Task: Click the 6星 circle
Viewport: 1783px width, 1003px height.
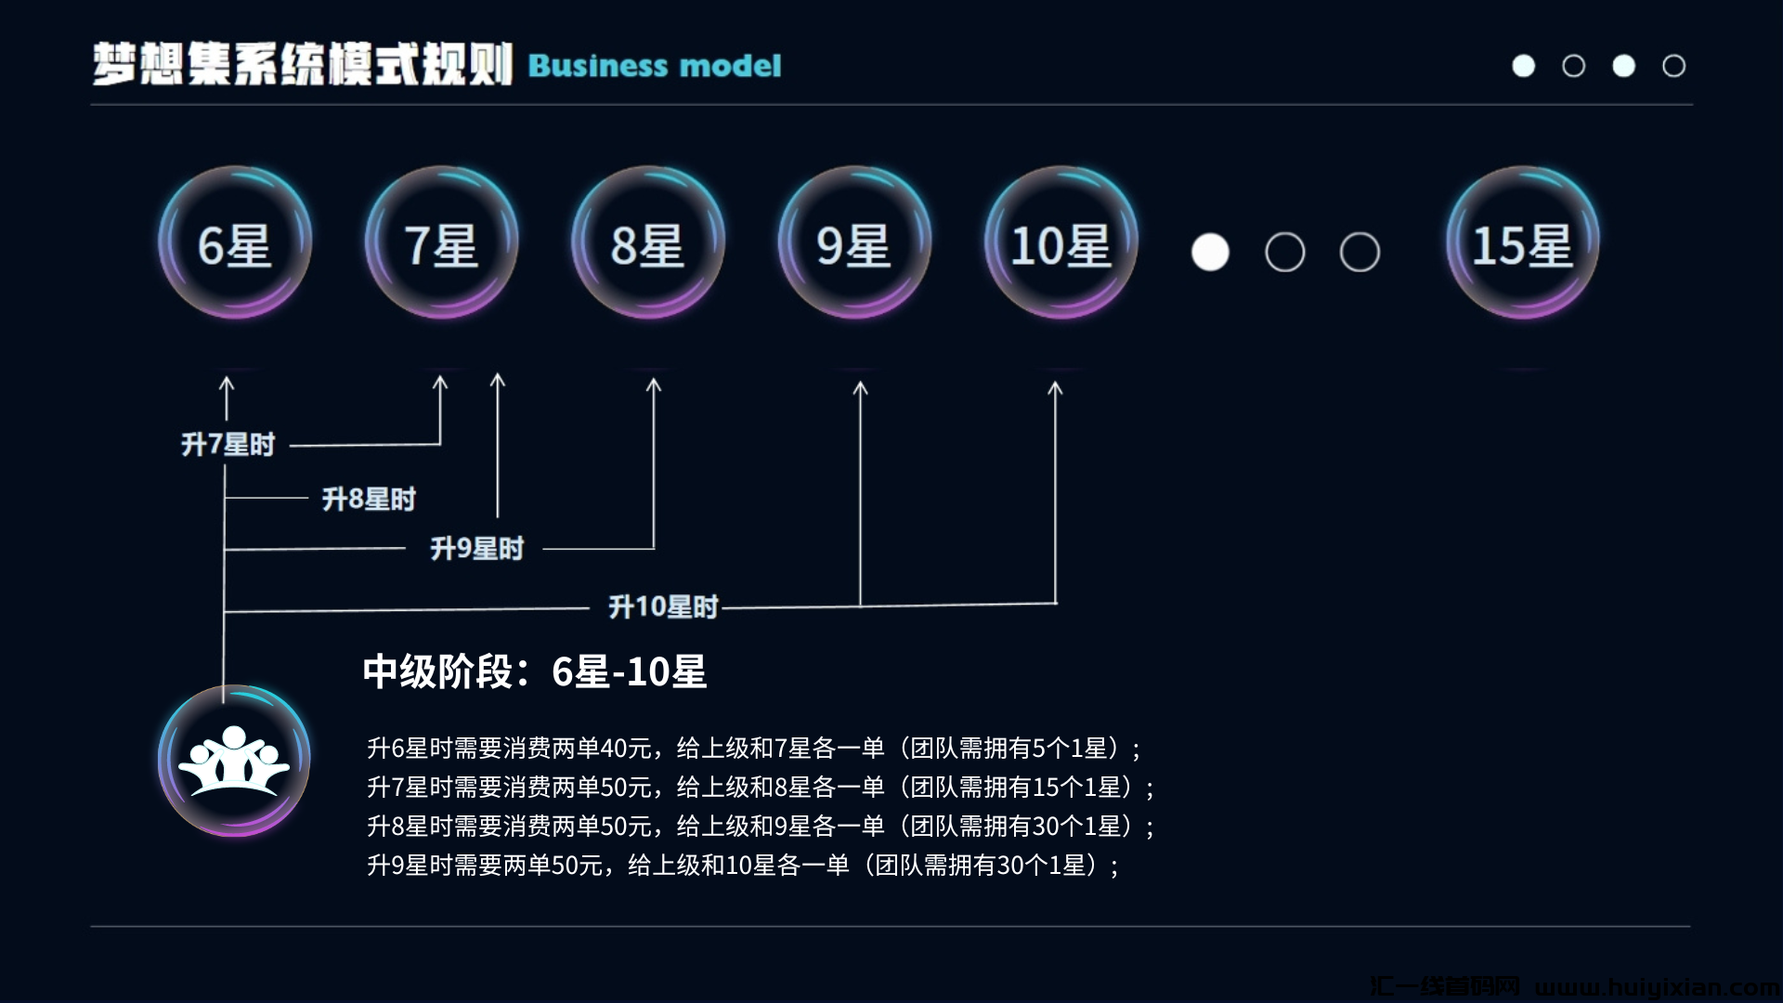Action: (235, 244)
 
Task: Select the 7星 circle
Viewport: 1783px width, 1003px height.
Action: (441, 244)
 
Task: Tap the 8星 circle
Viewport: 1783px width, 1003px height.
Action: (647, 244)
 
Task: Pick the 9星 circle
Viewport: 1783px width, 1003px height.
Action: (854, 244)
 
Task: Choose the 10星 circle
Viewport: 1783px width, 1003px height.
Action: (1061, 244)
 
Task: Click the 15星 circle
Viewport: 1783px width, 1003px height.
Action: (1522, 244)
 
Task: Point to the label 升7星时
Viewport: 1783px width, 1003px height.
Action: (228, 445)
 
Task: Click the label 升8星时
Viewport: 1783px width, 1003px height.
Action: (369, 500)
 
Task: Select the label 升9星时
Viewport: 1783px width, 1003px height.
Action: (476, 549)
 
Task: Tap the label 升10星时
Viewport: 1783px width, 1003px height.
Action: (663, 607)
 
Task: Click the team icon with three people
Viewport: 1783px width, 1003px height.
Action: (234, 761)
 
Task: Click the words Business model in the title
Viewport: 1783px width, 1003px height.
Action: (655, 66)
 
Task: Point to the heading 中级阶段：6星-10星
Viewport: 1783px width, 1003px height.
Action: (534, 671)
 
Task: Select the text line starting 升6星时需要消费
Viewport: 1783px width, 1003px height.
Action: (753, 749)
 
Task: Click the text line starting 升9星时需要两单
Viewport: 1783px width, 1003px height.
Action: (743, 866)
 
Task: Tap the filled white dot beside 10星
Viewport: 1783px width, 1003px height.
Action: (1210, 253)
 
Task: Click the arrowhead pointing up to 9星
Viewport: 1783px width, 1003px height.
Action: (860, 388)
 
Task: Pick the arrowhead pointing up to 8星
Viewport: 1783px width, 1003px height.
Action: (654, 384)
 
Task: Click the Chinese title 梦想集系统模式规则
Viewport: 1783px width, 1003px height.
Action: (302, 65)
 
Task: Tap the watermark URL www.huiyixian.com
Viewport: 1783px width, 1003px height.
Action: (1657, 986)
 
